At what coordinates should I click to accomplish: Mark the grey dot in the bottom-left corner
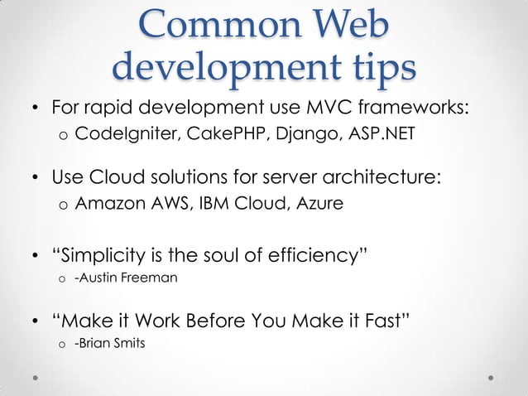(36, 376)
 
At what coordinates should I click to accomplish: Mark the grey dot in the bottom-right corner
(491, 376)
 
